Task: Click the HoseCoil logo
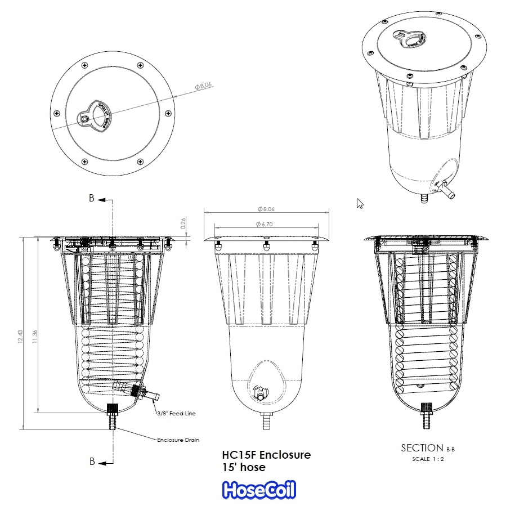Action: coord(259,490)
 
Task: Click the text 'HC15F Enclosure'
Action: coord(266,455)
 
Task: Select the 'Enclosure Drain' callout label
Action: coord(178,440)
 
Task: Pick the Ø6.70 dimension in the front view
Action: coord(266,224)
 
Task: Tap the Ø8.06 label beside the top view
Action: coord(203,86)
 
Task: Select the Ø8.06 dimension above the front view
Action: coord(266,209)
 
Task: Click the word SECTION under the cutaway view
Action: coord(422,448)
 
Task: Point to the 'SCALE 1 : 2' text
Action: coord(428,459)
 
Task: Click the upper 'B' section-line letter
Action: coord(92,198)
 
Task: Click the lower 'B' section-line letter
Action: coord(92,462)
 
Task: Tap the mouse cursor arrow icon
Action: coord(360,203)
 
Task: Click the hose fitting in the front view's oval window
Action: coord(261,392)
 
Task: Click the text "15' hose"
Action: coord(244,467)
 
